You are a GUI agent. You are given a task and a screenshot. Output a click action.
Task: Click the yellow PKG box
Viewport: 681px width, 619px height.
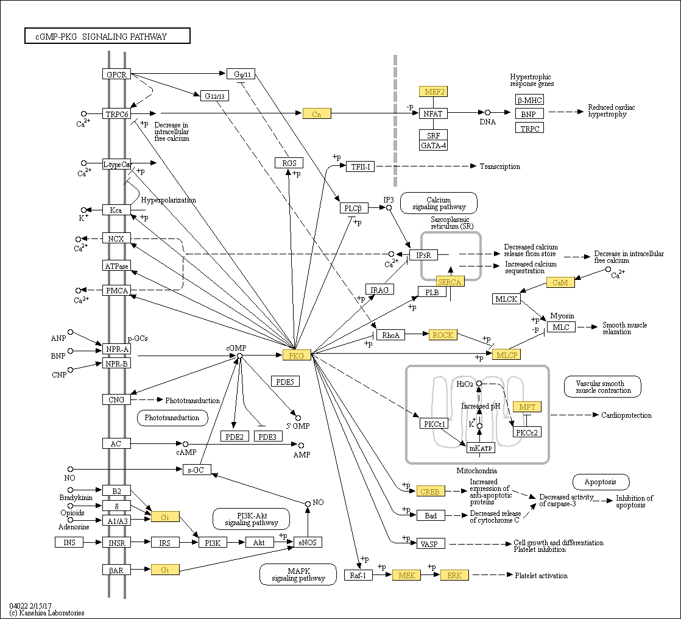point(297,355)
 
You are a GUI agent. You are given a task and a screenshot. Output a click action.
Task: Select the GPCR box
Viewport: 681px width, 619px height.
point(116,74)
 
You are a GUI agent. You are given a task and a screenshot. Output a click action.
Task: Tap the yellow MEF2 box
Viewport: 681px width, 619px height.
point(434,91)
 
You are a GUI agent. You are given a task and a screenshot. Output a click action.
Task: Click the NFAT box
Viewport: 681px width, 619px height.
point(434,113)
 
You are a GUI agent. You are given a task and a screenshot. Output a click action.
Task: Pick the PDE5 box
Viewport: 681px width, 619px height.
point(285,382)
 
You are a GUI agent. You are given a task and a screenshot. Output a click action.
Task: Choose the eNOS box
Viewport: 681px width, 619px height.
point(308,542)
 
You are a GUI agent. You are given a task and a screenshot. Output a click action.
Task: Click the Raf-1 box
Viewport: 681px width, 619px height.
point(358,575)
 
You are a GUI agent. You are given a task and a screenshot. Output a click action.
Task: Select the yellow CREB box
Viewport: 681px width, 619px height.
point(431,491)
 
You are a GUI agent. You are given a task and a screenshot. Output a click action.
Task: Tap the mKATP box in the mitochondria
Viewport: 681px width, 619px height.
point(481,448)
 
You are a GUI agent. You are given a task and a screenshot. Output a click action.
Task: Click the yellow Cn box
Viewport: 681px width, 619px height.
point(317,114)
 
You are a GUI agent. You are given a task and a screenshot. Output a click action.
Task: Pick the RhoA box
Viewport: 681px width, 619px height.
point(391,335)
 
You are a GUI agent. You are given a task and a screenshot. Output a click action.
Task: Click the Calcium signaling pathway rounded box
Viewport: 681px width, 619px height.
point(439,204)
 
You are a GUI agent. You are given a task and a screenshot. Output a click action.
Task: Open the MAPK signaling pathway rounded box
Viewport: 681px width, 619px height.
point(298,574)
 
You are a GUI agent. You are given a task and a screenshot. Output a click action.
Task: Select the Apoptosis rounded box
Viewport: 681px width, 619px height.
point(601,482)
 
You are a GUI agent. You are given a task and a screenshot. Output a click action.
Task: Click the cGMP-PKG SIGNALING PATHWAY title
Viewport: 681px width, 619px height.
point(107,36)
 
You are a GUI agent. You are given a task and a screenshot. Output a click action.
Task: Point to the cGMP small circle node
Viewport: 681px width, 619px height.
point(239,356)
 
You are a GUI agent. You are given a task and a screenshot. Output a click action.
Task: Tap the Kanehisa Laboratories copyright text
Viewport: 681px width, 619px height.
point(47,613)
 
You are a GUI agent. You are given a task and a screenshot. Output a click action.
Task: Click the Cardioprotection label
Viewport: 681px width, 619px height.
point(626,415)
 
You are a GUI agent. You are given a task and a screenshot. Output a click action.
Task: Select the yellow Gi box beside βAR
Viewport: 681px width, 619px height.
point(165,570)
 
